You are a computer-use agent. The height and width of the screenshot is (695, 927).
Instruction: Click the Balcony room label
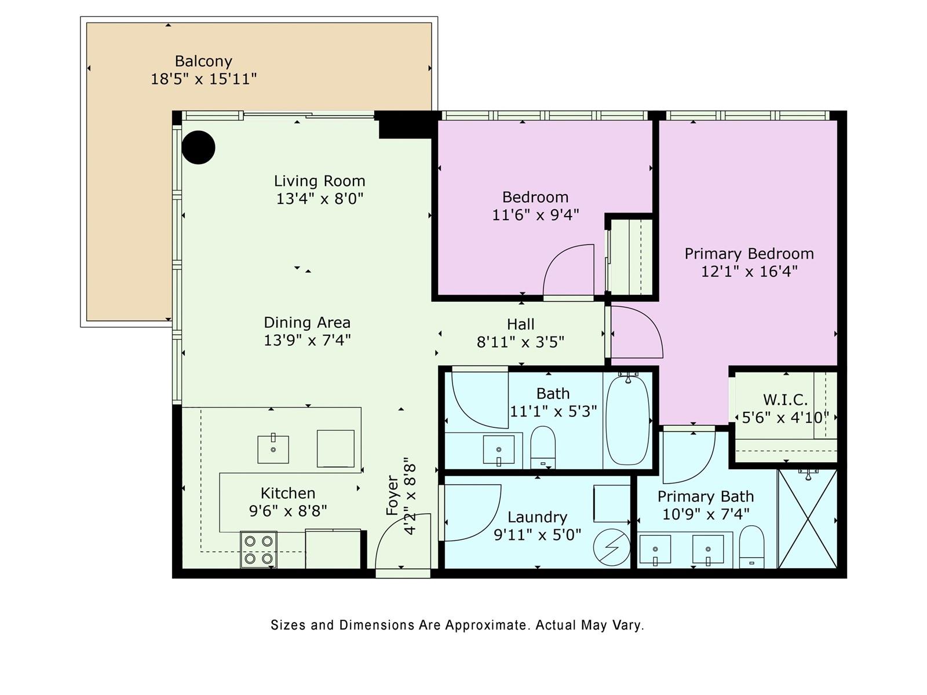click(203, 61)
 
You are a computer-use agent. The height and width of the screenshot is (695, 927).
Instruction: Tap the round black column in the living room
click(199, 147)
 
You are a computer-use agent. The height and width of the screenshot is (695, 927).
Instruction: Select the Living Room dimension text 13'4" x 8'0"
click(320, 198)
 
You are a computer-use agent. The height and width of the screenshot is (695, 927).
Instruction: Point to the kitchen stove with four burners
click(258, 550)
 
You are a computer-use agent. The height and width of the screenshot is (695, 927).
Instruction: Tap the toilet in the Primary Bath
click(751, 547)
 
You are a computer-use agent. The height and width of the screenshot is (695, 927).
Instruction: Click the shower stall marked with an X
click(808, 519)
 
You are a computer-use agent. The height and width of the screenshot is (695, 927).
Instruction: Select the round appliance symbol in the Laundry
click(611, 548)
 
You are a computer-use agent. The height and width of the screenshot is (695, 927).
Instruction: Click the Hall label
click(521, 324)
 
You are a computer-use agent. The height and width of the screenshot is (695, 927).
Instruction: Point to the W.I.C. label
click(785, 399)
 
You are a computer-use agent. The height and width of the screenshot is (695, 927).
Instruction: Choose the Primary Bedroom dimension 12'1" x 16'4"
click(749, 271)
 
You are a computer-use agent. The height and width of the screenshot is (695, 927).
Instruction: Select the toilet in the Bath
click(543, 447)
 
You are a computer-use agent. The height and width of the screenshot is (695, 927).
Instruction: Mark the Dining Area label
click(307, 323)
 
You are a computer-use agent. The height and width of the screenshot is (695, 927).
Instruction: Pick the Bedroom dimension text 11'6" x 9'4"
click(535, 215)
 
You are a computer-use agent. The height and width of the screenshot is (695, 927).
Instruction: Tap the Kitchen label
click(288, 493)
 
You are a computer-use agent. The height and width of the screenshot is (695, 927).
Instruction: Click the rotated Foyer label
click(392, 495)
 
